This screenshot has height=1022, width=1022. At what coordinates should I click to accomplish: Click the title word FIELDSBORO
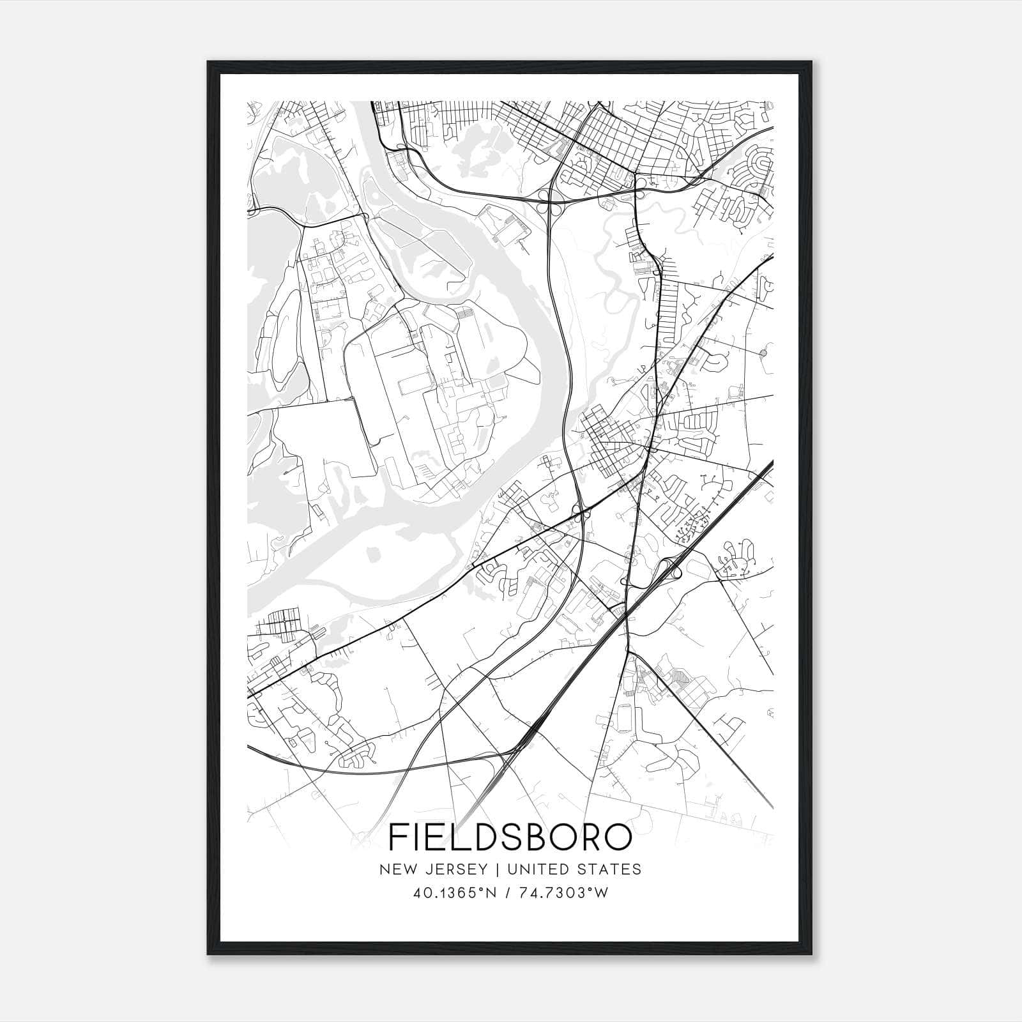pos(510,837)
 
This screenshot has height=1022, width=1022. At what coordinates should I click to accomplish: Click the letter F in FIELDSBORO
pos(399,837)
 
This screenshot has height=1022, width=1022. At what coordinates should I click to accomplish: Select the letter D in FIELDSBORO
pos(480,837)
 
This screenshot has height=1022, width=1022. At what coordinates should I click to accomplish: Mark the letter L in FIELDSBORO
pos(455,837)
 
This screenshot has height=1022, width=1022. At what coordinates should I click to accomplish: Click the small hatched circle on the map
pos(763,353)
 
